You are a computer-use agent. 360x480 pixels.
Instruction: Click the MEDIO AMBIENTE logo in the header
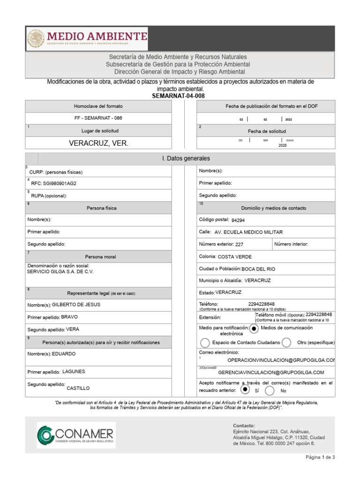point(88,38)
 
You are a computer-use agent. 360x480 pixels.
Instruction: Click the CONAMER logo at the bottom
point(76,435)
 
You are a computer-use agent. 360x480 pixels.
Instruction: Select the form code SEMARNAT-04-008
point(178,96)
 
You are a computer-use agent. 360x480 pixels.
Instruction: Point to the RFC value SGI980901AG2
point(60,183)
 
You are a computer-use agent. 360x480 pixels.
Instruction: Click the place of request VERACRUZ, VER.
point(98,143)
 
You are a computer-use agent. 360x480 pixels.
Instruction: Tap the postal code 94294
point(238,220)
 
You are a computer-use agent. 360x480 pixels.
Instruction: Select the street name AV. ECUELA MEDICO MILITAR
point(248,232)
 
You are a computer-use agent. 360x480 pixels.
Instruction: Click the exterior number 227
point(239,244)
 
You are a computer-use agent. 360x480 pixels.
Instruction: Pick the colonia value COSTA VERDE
point(234,256)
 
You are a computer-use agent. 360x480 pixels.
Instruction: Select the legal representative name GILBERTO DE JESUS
point(76,305)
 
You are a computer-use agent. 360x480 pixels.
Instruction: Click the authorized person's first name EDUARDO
point(64,354)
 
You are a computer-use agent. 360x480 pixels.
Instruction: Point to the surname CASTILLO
point(78,388)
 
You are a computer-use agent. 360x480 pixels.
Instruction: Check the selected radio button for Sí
point(245,390)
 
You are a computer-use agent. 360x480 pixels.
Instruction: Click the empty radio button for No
point(270,390)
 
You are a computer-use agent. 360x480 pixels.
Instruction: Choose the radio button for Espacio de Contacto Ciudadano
point(205,343)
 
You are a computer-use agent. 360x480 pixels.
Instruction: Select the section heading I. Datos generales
point(186,159)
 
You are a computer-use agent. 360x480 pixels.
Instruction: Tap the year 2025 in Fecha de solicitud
point(282,145)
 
